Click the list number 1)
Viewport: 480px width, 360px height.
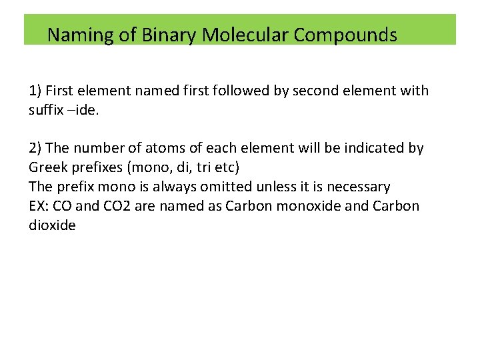pos(36,90)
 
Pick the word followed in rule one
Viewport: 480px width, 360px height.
pos(234,90)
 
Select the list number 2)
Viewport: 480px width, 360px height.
pos(36,148)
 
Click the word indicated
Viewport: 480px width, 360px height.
pos(367,148)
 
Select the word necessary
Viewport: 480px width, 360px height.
pos(358,187)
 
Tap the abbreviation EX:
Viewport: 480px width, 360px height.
pos(39,206)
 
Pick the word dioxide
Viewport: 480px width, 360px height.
pos(52,225)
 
